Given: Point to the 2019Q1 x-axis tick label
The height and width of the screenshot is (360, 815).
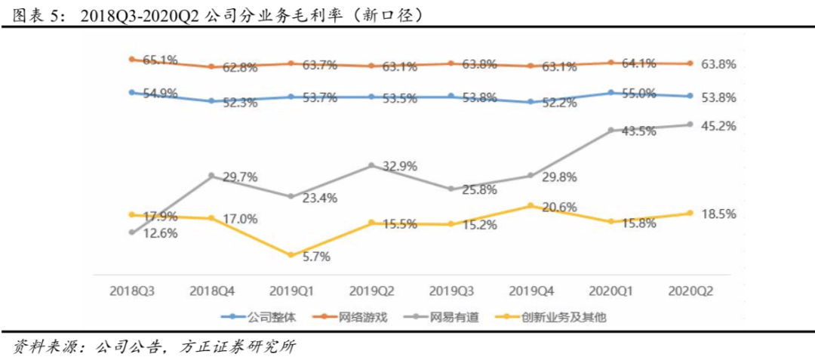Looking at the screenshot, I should pos(290,290).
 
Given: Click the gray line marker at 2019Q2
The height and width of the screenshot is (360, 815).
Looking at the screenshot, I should pos(371,165).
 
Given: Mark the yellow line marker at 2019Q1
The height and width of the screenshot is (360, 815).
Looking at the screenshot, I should pos(291,255).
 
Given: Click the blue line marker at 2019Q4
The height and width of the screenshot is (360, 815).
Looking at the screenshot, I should pos(531,102).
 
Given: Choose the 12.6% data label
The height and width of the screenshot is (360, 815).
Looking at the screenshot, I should pos(159,233).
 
